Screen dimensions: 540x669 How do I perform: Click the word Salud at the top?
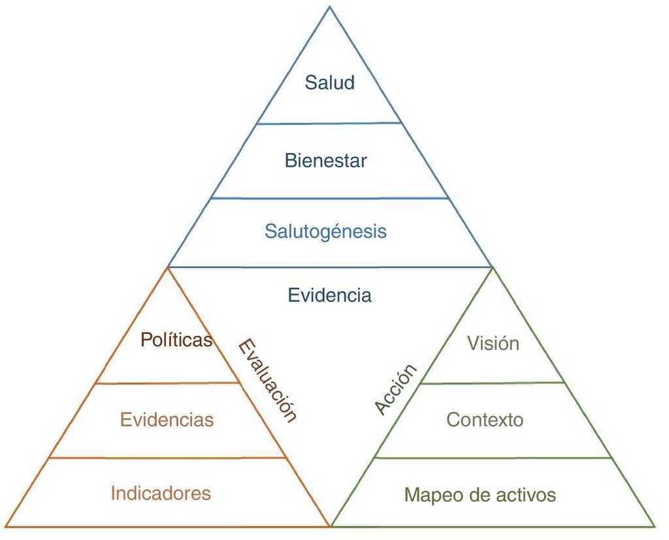tap(330, 83)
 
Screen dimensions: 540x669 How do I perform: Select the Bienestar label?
tap(326, 160)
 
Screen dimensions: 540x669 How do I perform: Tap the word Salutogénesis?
tap(325, 231)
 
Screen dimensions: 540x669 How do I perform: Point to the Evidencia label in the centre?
tap(330, 295)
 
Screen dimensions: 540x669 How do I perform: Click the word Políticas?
tap(176, 340)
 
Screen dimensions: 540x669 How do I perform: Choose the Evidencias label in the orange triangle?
tap(167, 419)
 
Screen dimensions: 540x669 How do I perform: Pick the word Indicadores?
tap(161, 493)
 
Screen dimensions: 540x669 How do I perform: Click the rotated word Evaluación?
tap(267, 380)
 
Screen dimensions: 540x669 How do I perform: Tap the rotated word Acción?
tap(396, 389)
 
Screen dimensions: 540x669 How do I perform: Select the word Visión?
tap(493, 343)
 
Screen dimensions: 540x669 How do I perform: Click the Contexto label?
tap(485, 419)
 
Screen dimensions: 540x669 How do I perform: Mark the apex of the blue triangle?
tap(330, 7)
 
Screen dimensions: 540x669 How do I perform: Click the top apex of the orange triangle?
tap(168, 267)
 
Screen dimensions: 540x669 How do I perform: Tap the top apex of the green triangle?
tap(491, 267)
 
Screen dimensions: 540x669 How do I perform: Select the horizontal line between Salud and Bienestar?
tap(330, 123)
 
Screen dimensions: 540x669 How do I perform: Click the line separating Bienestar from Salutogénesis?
tap(330, 198)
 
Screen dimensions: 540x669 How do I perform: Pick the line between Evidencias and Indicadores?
tap(168, 458)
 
